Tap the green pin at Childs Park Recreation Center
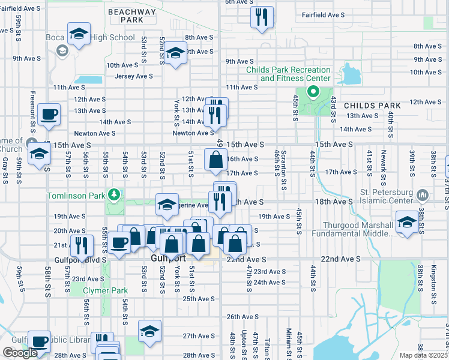pyautogui.click(x=312, y=92)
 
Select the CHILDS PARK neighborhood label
pyautogui.click(x=367, y=105)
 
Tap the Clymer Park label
pyautogui.click(x=98, y=290)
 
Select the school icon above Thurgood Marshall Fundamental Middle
pyautogui.click(x=407, y=222)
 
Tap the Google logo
pyautogui.click(x=20, y=353)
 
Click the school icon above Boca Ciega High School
pyautogui.click(x=78, y=34)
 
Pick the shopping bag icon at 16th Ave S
pyautogui.click(x=215, y=160)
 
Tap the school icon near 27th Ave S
pyautogui.click(x=150, y=331)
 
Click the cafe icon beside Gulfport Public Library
pyautogui.click(x=40, y=341)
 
